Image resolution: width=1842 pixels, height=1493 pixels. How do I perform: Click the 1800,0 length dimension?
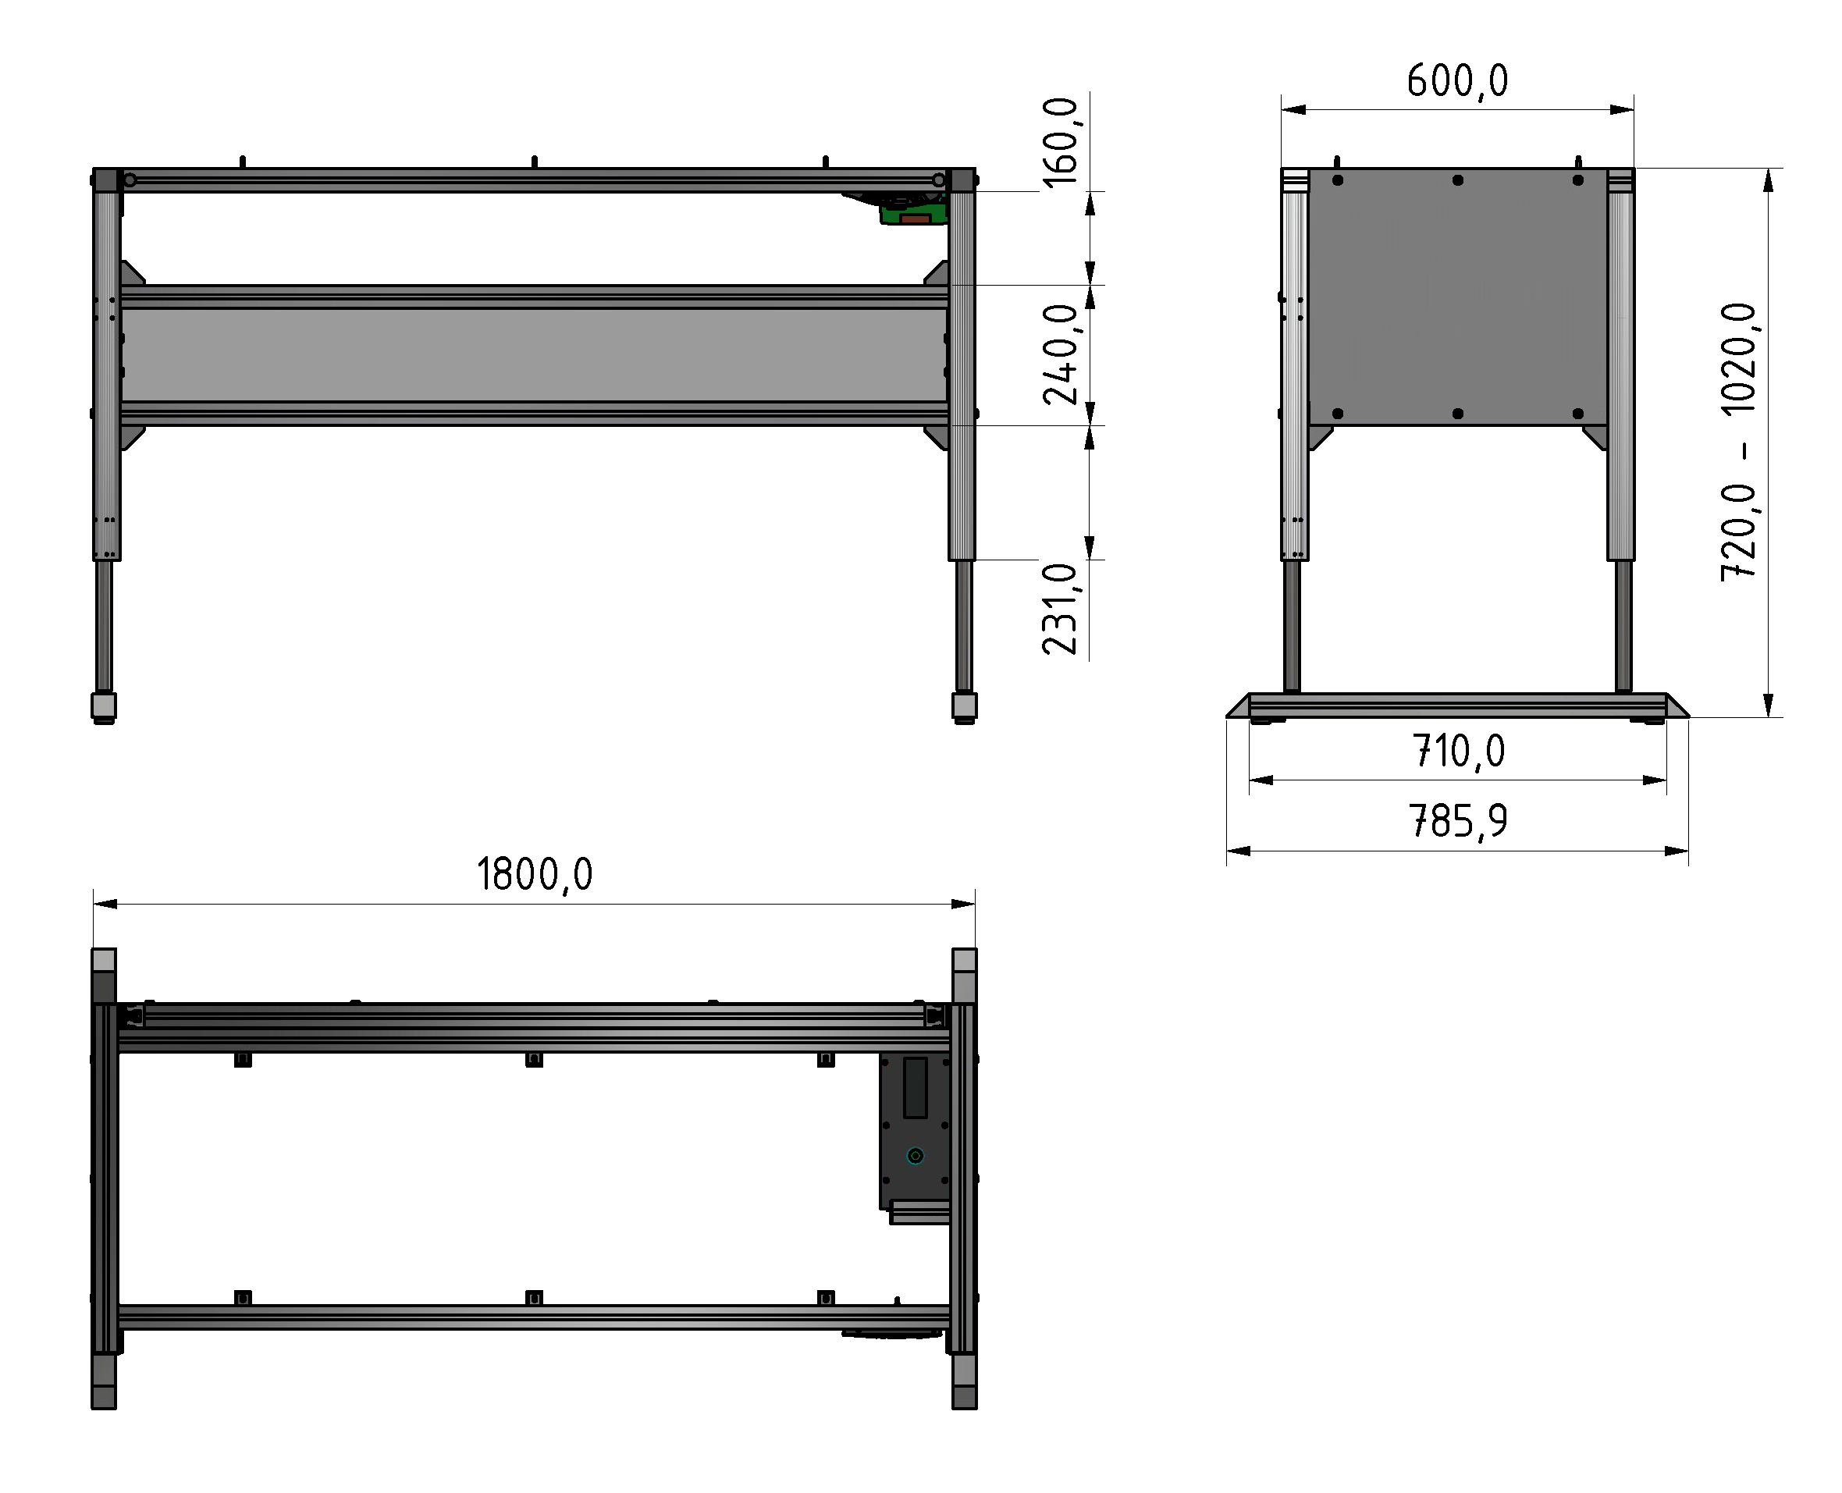pos(534,875)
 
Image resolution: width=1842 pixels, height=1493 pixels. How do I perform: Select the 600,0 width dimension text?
pos(1456,82)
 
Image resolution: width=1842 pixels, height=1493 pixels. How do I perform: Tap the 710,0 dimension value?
pos(1459,752)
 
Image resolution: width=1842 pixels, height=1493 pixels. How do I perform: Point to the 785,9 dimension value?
pos(1458,821)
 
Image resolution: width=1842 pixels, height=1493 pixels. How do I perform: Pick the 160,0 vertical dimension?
pos(1060,142)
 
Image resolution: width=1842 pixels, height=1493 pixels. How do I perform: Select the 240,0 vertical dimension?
pos(1060,354)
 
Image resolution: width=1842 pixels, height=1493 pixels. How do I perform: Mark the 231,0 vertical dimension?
pos(1060,610)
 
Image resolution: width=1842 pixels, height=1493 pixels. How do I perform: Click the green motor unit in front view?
pos(913,211)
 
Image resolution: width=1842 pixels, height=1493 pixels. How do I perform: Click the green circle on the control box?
pos(915,1156)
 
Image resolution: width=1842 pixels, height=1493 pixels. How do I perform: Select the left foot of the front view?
pos(104,706)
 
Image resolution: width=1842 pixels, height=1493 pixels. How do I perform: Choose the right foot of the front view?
pos(964,706)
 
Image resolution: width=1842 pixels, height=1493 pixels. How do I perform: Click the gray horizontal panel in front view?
pos(534,354)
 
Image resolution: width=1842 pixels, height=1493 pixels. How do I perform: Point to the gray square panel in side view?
pos(1456,297)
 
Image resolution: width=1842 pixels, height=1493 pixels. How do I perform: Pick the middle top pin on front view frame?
pos(534,161)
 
